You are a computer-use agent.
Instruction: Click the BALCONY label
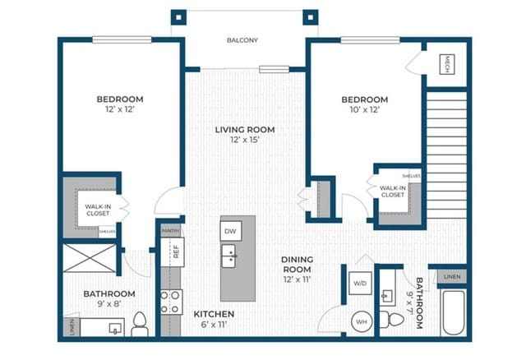pos(242,40)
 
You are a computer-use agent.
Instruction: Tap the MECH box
pos(447,64)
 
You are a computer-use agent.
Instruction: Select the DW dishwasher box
pos(231,231)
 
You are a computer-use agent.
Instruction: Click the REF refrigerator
pos(173,252)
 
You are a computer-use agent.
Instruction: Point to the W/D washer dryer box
pos(360,284)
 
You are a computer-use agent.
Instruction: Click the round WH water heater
pos(362,321)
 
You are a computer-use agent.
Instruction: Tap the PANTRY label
pos(171,231)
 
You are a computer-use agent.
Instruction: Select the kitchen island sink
pos(228,256)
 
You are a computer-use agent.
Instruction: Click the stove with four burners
pos(171,302)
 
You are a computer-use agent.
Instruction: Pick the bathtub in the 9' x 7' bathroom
pos(453,312)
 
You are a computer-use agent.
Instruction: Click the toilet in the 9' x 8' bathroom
pos(140,325)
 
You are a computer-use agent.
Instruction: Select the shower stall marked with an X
pos(90,258)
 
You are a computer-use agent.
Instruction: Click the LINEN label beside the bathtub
pos(452,277)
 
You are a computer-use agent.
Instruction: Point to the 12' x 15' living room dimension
pos(245,140)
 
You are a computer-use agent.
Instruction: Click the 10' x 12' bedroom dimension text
pos(365,109)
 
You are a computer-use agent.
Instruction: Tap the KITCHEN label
pos(214,314)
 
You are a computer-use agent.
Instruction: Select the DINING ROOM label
pos(298,265)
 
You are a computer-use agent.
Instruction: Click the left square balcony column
pos(178,17)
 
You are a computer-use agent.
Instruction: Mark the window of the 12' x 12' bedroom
pos(122,40)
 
